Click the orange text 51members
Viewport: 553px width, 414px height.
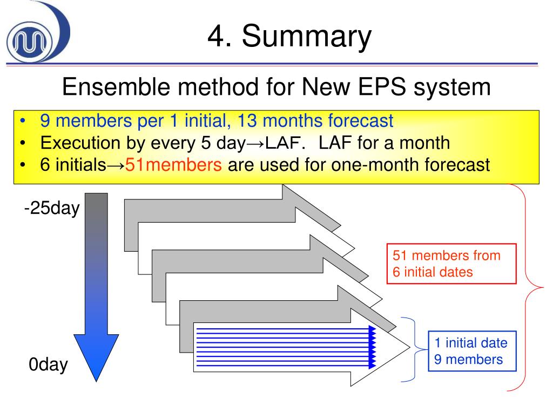pos(173,164)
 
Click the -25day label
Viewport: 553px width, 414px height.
pos(51,208)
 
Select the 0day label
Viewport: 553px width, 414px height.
pos(49,365)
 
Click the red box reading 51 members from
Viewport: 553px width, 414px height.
pos(451,263)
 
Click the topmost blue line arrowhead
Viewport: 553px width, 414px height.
pos(372,329)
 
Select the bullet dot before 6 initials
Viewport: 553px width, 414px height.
pos(22,164)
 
